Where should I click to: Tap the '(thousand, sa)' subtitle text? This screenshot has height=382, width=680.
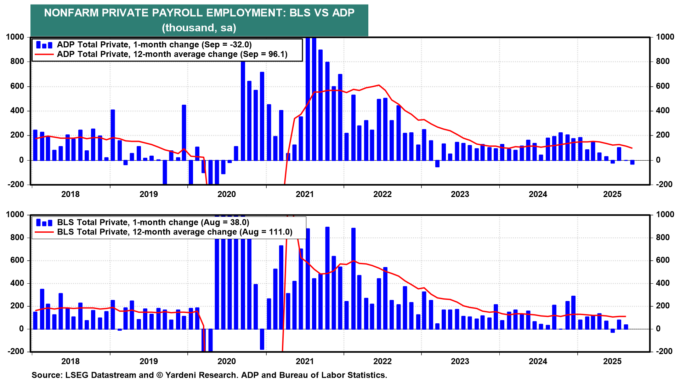(x=199, y=28)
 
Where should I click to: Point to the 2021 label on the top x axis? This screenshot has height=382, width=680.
(x=305, y=194)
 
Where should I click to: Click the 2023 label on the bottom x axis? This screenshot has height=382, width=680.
(x=460, y=361)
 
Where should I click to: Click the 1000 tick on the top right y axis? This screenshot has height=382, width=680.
(x=665, y=37)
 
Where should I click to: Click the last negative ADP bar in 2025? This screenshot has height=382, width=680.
(x=632, y=162)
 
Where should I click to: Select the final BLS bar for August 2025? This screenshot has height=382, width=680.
(x=626, y=326)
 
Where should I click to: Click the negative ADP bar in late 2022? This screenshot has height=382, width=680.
(x=437, y=163)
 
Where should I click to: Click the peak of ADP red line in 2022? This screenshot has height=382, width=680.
(x=379, y=85)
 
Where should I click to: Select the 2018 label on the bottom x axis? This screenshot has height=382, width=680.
(x=70, y=361)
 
